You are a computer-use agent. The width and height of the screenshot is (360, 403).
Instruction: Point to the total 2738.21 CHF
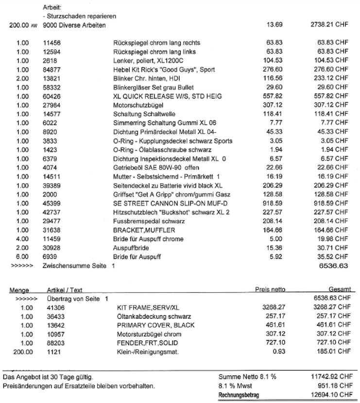(x=329, y=24)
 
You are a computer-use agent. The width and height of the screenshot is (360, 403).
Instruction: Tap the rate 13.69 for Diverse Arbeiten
(x=275, y=24)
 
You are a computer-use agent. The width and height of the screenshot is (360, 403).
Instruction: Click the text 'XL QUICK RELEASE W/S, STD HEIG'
(x=167, y=96)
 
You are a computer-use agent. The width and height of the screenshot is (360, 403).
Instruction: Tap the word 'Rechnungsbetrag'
(x=239, y=394)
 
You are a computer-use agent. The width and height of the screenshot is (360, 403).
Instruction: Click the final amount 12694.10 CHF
(x=329, y=394)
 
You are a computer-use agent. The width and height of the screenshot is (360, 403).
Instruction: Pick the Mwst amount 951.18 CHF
(x=332, y=385)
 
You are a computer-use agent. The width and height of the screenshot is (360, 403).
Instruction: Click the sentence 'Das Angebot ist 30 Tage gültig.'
(x=48, y=377)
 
